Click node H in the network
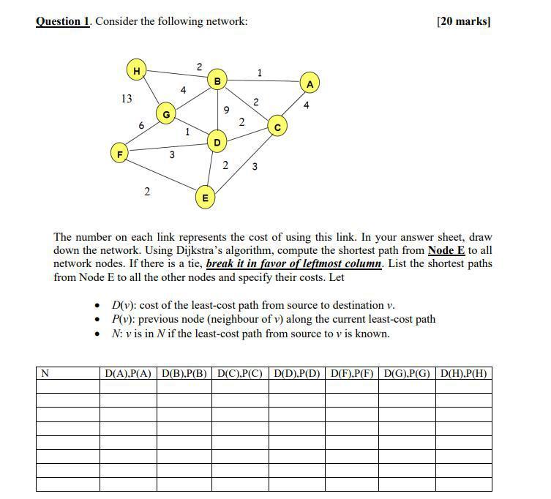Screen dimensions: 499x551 (x=135, y=70)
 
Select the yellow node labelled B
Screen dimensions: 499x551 (x=217, y=80)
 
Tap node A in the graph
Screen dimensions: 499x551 (x=310, y=84)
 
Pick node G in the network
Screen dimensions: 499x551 (x=166, y=114)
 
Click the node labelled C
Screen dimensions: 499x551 (x=277, y=127)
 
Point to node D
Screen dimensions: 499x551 (x=217, y=141)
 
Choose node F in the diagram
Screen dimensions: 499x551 (x=119, y=154)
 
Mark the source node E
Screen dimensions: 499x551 (x=205, y=197)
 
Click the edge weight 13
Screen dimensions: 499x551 (x=127, y=98)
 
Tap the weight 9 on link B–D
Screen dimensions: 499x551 (x=226, y=110)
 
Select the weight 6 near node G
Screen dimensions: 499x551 (x=141, y=126)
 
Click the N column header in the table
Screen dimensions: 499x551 (x=45, y=373)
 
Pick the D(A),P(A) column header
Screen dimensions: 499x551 (x=128, y=373)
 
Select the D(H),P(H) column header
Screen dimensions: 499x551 (x=464, y=373)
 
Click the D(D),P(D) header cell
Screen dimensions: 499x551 (x=296, y=373)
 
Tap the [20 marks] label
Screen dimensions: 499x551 (x=463, y=21)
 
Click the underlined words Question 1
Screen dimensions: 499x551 (x=63, y=21)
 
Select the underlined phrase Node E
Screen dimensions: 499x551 (x=446, y=250)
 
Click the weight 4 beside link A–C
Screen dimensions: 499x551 (x=306, y=105)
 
